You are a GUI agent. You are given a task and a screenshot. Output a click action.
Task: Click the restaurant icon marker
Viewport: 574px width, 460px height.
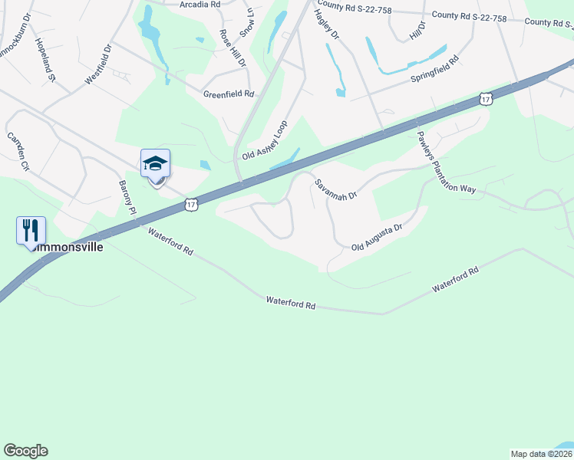coord(31,230)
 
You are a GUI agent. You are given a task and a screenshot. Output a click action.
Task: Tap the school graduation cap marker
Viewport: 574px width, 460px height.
coord(155,164)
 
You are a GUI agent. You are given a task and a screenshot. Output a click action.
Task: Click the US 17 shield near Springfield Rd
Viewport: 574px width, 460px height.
coord(485,98)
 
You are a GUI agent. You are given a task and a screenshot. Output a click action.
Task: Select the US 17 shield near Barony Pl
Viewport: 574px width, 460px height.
coord(192,204)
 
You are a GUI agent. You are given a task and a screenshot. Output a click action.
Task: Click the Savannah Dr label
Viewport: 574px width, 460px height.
coord(335,189)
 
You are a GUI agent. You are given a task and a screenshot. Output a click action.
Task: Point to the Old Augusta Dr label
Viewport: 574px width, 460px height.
coord(377,238)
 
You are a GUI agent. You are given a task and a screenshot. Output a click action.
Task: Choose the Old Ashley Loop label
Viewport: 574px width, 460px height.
coord(265,140)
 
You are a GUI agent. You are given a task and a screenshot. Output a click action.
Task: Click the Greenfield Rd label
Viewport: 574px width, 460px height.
coord(229,94)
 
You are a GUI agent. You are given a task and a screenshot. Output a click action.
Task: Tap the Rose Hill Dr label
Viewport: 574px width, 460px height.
coord(232,48)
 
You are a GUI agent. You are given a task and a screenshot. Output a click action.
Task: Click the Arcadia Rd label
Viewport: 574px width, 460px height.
coord(200,5)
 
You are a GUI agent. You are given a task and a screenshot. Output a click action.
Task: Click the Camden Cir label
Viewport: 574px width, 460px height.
coord(18,150)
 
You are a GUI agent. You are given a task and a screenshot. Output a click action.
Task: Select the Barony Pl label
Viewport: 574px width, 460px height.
coord(127,197)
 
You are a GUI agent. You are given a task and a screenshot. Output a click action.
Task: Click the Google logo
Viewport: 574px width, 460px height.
coord(25,451)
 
